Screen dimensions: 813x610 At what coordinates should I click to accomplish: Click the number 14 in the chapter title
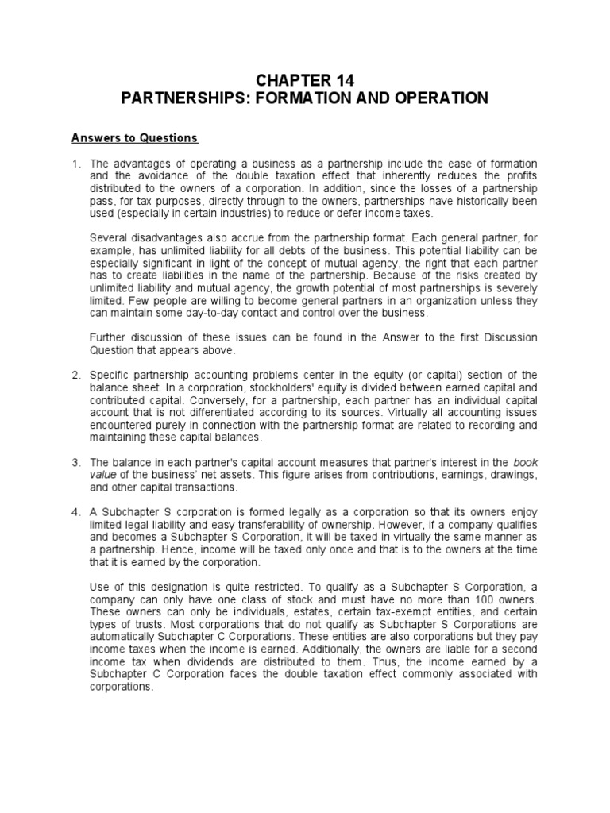point(343,80)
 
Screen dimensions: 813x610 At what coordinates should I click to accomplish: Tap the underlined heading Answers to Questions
point(134,138)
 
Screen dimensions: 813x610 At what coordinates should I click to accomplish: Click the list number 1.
point(75,164)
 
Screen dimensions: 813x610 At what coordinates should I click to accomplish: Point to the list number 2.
point(75,375)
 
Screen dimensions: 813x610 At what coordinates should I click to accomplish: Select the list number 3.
point(75,462)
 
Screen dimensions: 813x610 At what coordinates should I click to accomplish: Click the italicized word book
point(526,462)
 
